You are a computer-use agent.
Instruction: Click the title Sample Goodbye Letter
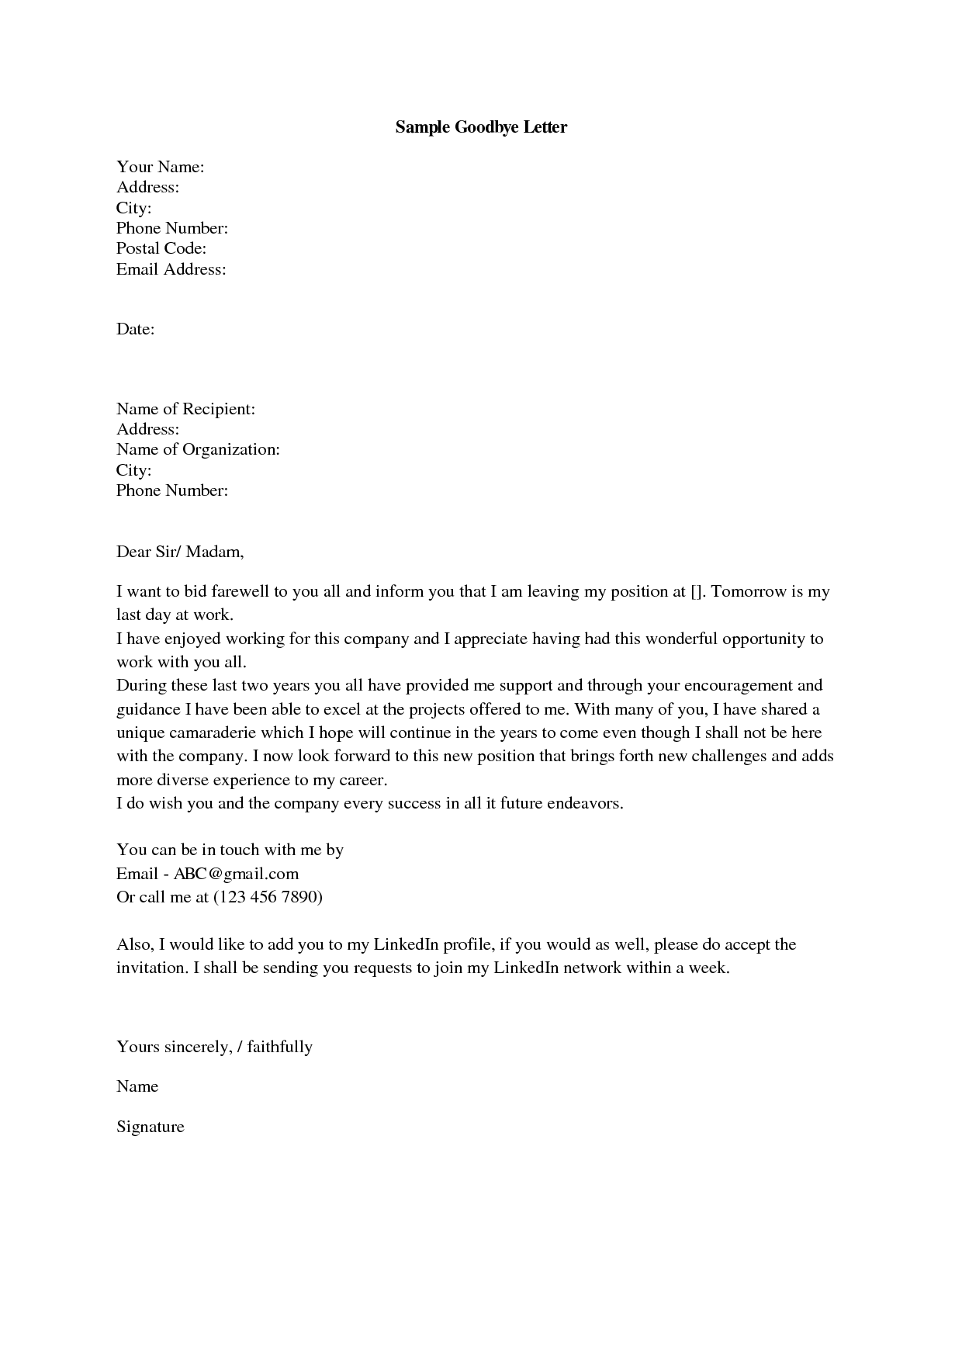tap(481, 127)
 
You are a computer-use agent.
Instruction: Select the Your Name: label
tap(160, 167)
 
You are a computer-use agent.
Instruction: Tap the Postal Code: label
tap(161, 248)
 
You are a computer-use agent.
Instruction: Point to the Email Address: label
tap(171, 269)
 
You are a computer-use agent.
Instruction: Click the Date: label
tap(136, 329)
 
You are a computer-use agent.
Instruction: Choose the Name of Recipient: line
tap(185, 409)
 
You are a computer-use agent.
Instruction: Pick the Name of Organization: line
tap(198, 449)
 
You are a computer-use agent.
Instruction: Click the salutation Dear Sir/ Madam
tap(180, 552)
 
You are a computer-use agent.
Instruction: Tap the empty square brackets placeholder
tap(696, 591)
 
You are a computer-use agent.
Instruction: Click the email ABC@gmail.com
tap(236, 874)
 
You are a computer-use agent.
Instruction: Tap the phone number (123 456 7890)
tap(268, 897)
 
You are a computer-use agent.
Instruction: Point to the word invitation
tap(151, 968)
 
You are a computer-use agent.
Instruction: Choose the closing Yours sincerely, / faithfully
tap(214, 1047)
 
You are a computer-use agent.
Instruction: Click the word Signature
tap(151, 1127)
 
